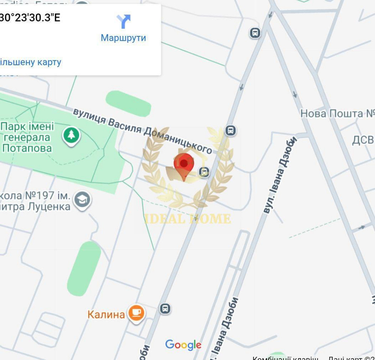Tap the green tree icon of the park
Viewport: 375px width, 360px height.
point(71,135)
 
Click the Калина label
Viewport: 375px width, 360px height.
point(106,314)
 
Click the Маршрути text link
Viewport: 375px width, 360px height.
point(123,38)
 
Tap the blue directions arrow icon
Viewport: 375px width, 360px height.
point(123,21)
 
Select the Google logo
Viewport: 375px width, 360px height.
point(183,345)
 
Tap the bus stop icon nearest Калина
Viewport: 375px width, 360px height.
point(165,309)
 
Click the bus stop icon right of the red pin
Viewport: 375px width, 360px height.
point(204,172)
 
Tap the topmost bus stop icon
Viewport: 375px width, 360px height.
point(255,33)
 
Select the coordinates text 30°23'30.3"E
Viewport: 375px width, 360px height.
point(30,18)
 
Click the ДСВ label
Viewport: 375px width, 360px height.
point(363,140)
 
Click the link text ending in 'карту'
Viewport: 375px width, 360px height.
point(30,62)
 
